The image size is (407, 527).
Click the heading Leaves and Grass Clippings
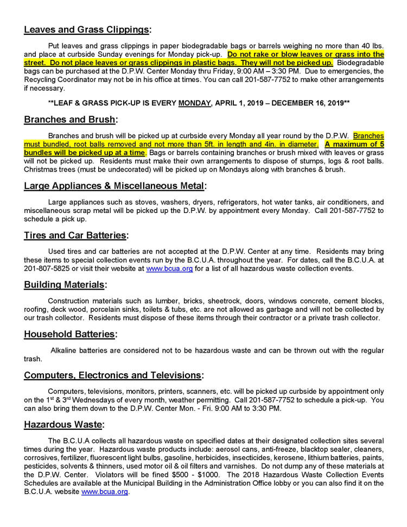[x=87, y=30]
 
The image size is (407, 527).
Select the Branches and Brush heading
[x=70, y=120]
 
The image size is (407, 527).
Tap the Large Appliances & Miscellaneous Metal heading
[x=114, y=186]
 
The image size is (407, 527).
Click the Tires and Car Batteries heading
[x=75, y=236]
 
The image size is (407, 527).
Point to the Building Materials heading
[x=65, y=285]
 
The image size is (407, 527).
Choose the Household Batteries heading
[x=70, y=335]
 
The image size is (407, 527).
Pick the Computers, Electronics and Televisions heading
[x=113, y=375]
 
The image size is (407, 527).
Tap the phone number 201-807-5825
[x=46, y=268]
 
